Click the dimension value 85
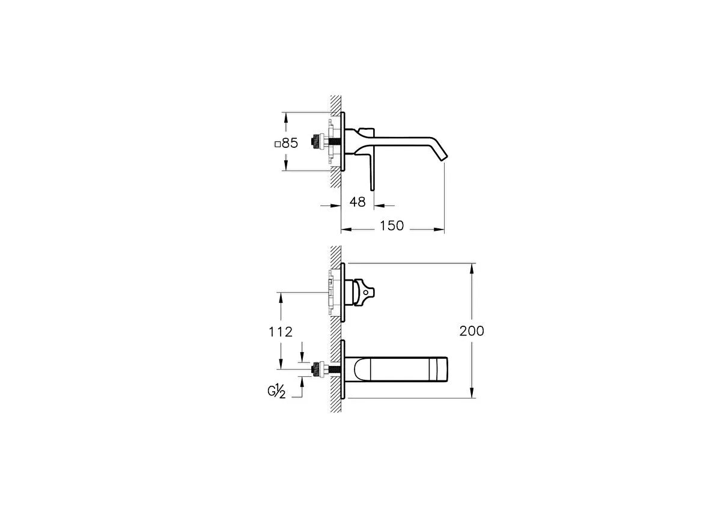pyautogui.click(x=290, y=143)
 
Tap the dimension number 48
pyautogui.click(x=357, y=202)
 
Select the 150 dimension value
pyautogui.click(x=392, y=226)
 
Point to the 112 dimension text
pyautogui.click(x=281, y=332)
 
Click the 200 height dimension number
pyautogui.click(x=472, y=331)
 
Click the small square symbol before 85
pyautogui.click(x=278, y=145)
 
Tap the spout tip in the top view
pyautogui.click(x=444, y=157)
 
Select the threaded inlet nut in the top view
pyautogui.click(x=318, y=142)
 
